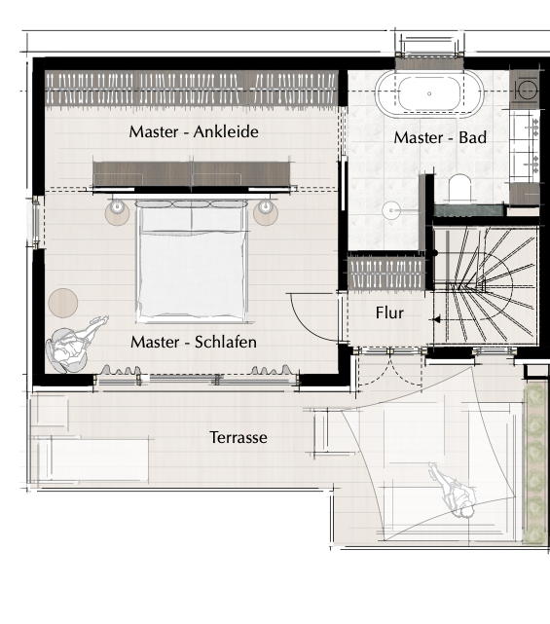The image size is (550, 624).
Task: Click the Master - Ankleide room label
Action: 194,131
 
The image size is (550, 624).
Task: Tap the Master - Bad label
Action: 440,137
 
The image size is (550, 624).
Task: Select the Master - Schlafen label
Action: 194,342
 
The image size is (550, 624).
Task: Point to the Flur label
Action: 389,312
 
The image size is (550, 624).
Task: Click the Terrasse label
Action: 238,437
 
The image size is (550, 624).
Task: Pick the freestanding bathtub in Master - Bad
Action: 429,93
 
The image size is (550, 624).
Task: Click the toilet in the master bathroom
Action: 459,188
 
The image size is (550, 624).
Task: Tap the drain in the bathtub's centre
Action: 429,93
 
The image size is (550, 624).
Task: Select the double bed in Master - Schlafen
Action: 192,261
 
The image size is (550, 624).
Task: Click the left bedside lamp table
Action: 117,212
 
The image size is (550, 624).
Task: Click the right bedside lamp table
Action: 266,212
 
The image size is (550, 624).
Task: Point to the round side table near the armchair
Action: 63,303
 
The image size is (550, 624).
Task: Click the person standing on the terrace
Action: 454,491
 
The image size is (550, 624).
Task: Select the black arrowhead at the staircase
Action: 436,319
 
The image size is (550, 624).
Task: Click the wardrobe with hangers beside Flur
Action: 386,274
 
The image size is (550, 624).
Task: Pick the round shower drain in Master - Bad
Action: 391,210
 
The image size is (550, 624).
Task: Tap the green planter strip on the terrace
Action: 534,462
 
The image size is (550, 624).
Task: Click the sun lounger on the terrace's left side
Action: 92,460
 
